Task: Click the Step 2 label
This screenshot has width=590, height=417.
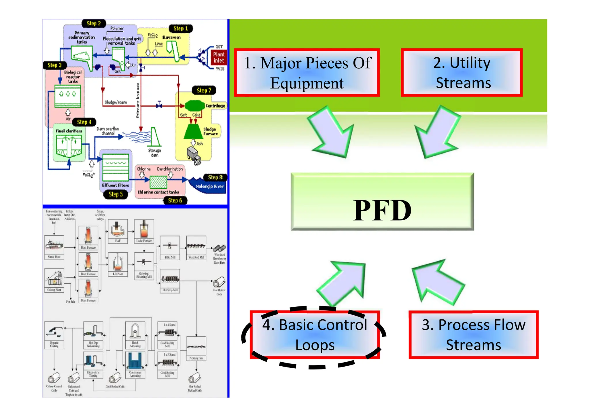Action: click(94, 23)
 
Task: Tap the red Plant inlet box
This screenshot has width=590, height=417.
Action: click(219, 57)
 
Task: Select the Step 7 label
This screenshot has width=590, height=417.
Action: click(204, 90)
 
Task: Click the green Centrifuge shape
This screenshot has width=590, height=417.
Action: click(194, 106)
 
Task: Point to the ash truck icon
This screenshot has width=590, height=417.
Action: click(194, 156)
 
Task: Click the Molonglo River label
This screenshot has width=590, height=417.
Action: click(210, 186)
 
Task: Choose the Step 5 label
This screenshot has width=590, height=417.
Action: click(116, 194)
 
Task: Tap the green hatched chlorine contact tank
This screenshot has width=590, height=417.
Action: click(158, 182)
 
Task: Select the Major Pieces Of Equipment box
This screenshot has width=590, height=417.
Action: click(307, 73)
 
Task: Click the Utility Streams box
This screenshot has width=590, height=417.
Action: click(462, 73)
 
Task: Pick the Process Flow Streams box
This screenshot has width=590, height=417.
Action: click(473, 335)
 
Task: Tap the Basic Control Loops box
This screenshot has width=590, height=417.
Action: click(315, 335)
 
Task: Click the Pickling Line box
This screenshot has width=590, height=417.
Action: click(196, 348)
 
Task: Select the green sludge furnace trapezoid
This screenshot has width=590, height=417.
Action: click(193, 132)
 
